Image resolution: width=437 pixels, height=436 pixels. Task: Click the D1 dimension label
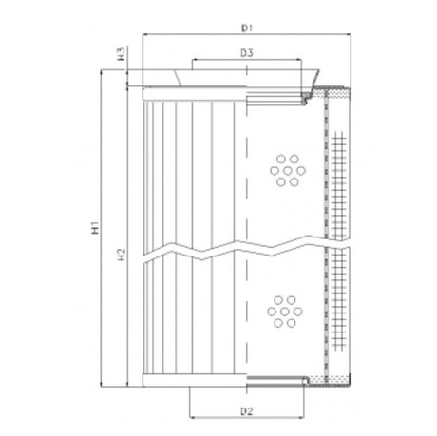click(x=245, y=27)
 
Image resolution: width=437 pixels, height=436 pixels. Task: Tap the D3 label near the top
click(x=245, y=53)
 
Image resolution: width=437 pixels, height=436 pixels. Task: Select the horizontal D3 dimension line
click(x=218, y=63)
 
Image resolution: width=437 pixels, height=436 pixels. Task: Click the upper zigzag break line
click(x=237, y=249)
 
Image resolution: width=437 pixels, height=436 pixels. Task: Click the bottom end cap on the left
click(x=190, y=381)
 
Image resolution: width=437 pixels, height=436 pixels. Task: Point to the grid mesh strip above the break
click(x=337, y=171)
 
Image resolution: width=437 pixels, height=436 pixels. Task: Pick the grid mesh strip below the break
click(x=337, y=313)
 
